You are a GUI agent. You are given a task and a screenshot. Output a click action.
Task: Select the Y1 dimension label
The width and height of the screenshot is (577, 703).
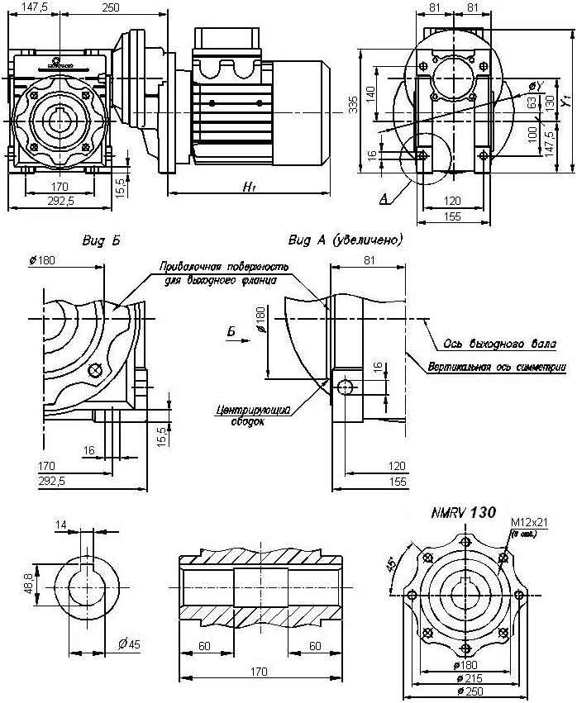tap(565, 102)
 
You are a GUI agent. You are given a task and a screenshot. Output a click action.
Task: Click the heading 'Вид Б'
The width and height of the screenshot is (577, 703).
tap(102, 240)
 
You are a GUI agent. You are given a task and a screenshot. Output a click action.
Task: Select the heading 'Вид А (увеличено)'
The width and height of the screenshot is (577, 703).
tap(346, 240)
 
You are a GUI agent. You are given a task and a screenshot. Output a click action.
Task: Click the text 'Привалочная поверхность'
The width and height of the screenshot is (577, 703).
tap(223, 268)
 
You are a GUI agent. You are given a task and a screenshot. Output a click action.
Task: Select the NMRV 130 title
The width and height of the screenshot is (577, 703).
tap(463, 513)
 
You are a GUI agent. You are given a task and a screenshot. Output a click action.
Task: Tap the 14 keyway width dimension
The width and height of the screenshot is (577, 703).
tap(61, 525)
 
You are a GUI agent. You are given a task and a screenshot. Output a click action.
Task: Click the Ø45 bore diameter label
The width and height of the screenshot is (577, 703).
tap(128, 644)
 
